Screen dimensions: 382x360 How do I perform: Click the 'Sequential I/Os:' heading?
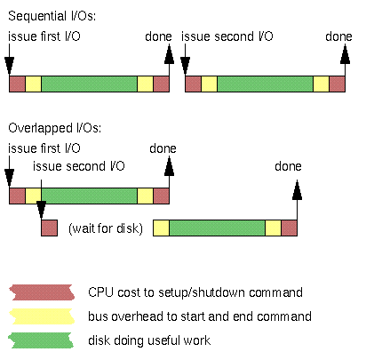tap(52, 16)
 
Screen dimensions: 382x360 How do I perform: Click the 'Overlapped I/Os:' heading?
tap(54, 128)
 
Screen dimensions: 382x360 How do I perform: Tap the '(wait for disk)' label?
tap(106, 228)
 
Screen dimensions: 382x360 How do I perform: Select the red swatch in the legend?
tap(42, 292)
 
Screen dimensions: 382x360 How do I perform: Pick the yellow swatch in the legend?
tap(42, 316)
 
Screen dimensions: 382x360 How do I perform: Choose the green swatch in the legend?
tap(41, 340)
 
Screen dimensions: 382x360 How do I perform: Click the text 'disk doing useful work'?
tap(149, 340)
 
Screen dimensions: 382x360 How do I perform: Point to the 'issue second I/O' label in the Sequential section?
tap(227, 36)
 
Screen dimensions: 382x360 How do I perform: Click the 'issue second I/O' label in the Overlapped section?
tap(79, 166)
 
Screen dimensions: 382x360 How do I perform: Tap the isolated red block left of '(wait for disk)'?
tap(49, 228)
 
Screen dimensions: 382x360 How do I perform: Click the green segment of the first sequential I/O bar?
tap(89, 84)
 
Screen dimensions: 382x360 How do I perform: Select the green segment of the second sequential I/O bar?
tap(265, 84)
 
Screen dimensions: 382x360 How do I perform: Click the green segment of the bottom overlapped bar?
tap(217, 228)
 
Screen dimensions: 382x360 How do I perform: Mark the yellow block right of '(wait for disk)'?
tap(161, 228)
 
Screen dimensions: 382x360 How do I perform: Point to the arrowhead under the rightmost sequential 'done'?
tap(345, 54)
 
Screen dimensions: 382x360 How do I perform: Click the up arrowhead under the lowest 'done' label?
tap(297, 189)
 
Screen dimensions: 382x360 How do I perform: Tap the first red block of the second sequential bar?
tap(193, 84)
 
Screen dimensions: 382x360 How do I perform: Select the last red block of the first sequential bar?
tap(161, 84)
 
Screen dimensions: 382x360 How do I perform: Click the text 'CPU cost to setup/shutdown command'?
tap(195, 292)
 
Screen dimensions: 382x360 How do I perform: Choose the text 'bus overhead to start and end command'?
tap(200, 316)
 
